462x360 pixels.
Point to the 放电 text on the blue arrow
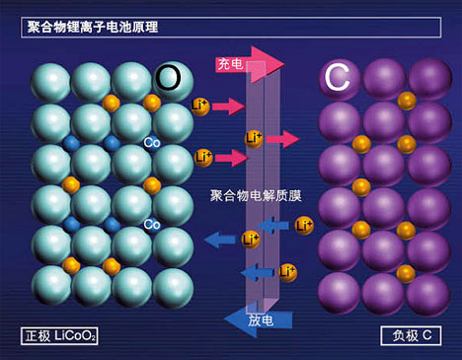262,319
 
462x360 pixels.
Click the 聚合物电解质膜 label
256,195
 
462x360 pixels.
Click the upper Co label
152,141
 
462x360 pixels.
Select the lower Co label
152,224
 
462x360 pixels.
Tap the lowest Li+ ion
287,271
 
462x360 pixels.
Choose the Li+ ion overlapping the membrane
254,139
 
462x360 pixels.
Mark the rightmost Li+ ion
303,226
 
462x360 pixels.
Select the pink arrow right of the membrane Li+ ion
282,139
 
